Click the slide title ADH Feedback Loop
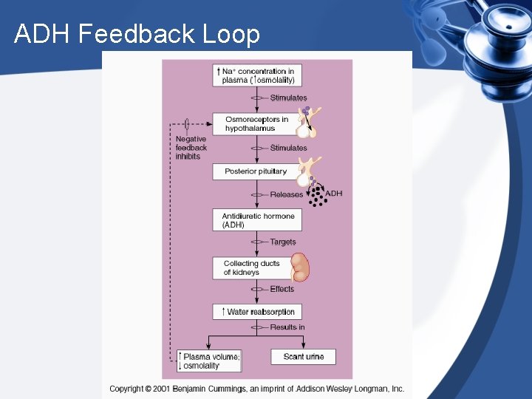(137, 34)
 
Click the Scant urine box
(304, 357)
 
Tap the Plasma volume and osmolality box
(209, 361)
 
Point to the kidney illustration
(300, 267)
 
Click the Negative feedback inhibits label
(191, 148)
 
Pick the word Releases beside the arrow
(287, 194)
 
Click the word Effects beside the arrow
(282, 289)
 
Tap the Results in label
(287, 327)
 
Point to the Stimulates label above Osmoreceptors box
(288, 98)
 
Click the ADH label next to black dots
(334, 194)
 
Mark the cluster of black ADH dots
(317, 196)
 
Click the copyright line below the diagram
(256, 389)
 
